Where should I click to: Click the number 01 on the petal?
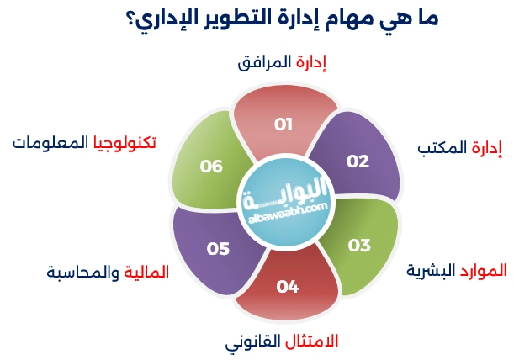tap(283, 124)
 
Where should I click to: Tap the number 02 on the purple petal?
tap(358, 161)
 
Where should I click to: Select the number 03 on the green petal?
tap(359, 246)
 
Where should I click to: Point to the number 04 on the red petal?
tap(288, 287)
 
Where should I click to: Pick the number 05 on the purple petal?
tap(218, 248)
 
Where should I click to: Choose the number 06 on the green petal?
tap(211, 167)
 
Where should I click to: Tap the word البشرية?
tap(432, 271)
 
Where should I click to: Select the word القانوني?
tap(252, 343)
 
